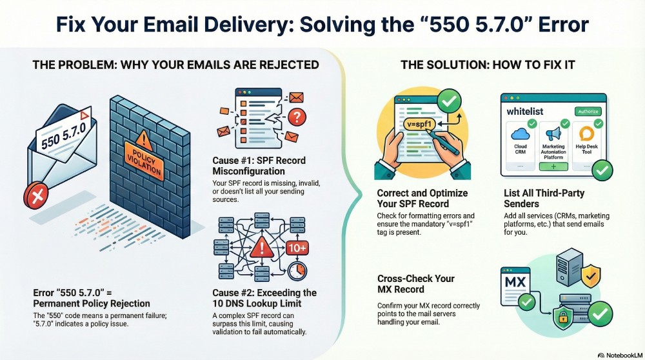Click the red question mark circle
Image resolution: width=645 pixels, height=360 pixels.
tap(296, 117)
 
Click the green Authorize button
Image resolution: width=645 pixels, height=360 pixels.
tap(587, 111)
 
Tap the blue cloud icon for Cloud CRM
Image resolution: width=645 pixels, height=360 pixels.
tap(520, 134)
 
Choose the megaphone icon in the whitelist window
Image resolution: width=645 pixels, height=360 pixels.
tap(553, 134)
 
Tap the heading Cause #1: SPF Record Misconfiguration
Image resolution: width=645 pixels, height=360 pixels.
tap(259, 165)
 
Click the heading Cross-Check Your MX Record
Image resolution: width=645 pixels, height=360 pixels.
tap(416, 284)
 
